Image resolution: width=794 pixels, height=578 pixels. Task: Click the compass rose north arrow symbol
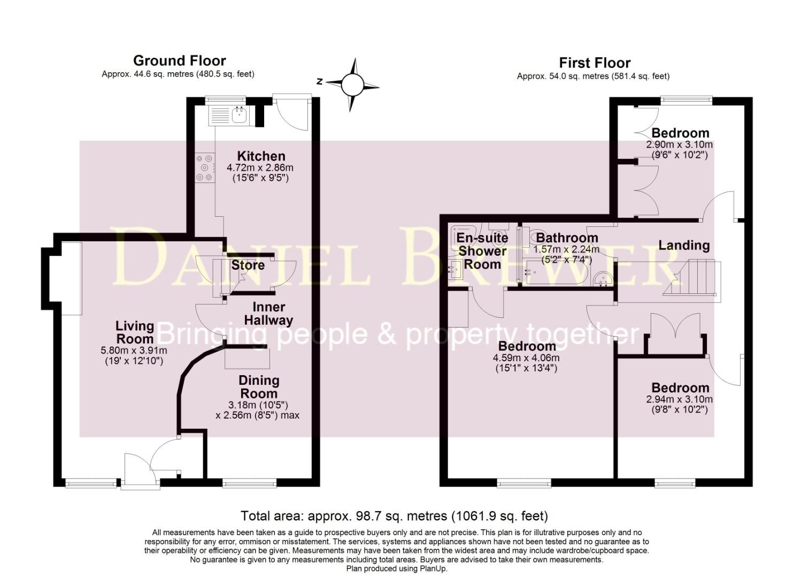[352, 85]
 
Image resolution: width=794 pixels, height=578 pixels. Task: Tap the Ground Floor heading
[179, 60]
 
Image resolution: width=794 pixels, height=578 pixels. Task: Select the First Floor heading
[595, 63]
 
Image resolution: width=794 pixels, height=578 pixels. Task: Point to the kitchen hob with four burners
[205, 168]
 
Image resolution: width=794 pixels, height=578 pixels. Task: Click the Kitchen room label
[261, 156]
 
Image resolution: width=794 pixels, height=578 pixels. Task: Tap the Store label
[248, 265]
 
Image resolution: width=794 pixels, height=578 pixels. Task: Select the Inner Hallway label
[268, 314]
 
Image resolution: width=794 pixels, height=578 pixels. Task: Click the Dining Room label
[259, 387]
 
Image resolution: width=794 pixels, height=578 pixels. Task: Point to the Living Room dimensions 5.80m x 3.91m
[134, 351]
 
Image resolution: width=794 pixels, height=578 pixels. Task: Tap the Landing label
[684, 245]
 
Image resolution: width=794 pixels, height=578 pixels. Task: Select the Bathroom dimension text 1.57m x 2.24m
[566, 249]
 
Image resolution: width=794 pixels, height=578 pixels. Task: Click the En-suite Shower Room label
[482, 250]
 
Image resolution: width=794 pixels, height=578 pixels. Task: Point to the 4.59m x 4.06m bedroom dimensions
[527, 358]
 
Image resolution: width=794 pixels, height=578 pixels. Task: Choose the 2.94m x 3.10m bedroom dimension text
[680, 399]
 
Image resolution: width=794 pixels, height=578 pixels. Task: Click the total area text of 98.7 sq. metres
[394, 516]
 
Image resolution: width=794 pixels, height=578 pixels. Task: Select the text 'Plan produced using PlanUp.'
[397, 569]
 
